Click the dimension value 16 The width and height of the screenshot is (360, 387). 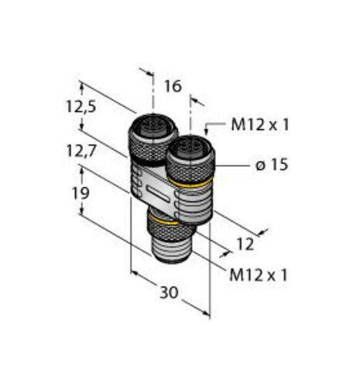(x=173, y=87)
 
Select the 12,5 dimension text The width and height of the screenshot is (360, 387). (x=81, y=106)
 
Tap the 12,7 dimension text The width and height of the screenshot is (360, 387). (x=81, y=151)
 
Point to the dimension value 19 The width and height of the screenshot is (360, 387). (x=81, y=193)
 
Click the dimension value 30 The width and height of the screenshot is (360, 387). (x=169, y=293)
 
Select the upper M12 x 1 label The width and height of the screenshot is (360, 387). (x=260, y=125)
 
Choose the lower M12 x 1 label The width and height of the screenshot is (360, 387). (x=259, y=276)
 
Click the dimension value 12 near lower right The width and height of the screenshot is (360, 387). (x=245, y=245)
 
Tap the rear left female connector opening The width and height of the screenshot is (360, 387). (x=153, y=127)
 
